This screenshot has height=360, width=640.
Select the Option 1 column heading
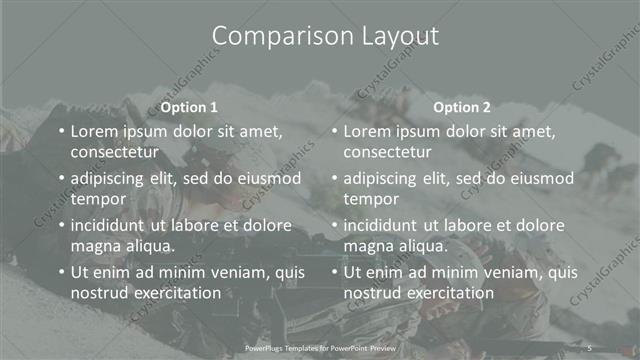coord(189,107)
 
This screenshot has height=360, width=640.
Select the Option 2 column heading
coord(462,107)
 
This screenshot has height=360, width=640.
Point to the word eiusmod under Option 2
coord(541,178)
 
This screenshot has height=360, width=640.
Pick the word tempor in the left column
coord(96,199)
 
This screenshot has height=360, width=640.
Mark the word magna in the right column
coord(368,246)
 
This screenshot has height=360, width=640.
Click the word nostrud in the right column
coord(372,293)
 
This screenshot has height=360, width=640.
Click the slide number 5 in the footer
coord(590,348)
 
